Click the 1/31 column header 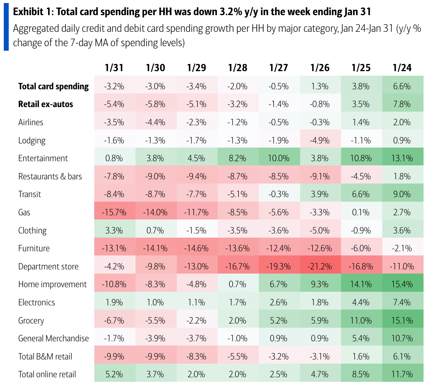(114, 68)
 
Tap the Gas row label (24, 212)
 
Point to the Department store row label (48, 266)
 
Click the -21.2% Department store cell (320, 266)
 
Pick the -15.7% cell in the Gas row (114, 212)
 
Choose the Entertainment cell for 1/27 (279, 158)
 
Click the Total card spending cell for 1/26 (320, 86)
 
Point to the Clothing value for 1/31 (114, 230)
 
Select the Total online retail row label (47, 375)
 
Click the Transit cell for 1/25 (361, 194)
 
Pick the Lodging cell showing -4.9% (320, 140)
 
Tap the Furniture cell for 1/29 (196, 248)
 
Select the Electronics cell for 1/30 (155, 302)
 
